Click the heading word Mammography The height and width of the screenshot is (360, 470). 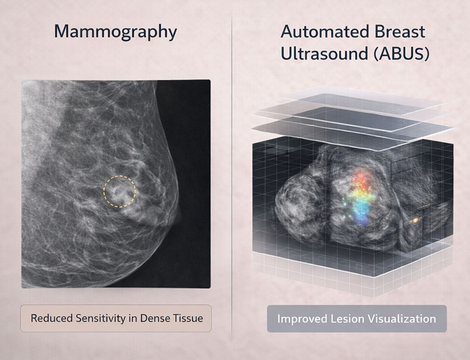115,32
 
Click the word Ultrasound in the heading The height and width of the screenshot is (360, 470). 325,53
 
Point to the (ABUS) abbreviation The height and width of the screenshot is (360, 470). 401,54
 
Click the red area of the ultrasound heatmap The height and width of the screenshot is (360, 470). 362,179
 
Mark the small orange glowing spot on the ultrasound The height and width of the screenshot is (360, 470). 415,221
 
